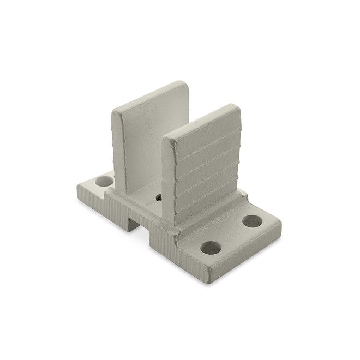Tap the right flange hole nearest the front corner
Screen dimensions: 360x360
[x=212, y=248]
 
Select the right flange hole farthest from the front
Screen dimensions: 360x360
[x=251, y=221]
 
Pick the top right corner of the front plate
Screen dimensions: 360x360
[x=237, y=107]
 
